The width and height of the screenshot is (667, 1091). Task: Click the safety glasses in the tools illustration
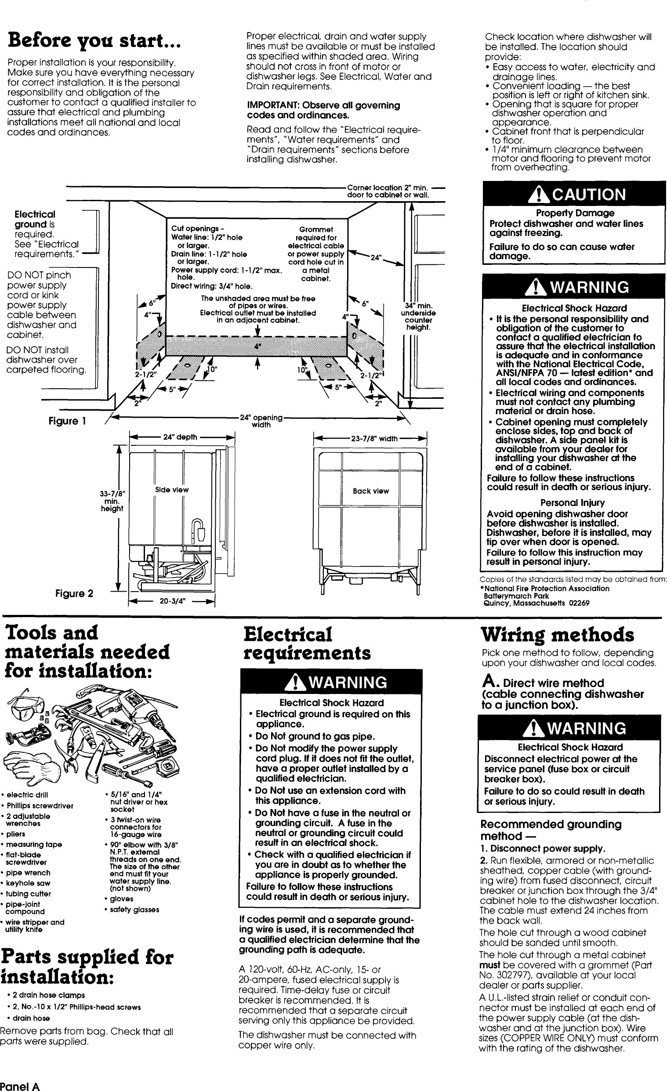pos(27,710)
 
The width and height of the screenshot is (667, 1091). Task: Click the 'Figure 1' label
pos(66,421)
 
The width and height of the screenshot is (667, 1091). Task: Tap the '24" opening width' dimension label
pos(261,421)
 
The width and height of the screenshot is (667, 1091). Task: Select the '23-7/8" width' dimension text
pos(374,439)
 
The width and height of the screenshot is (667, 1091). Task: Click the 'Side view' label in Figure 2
pos(172,490)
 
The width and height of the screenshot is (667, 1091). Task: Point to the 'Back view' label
pos(371,491)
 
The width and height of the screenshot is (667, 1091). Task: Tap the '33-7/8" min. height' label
pos(112,501)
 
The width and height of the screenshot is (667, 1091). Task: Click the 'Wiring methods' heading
pos(558,635)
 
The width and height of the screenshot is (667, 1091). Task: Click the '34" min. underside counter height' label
pos(418,317)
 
